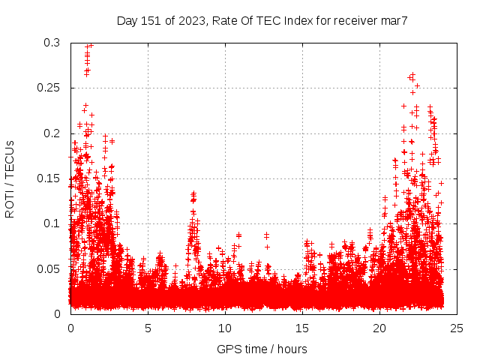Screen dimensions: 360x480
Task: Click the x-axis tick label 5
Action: pyautogui.click(x=148, y=328)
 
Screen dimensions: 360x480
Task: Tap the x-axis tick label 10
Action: pyautogui.click(x=225, y=328)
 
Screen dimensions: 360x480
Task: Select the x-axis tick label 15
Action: pyautogui.click(x=302, y=328)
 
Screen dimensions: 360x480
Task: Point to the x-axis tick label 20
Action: pyautogui.click(x=379, y=328)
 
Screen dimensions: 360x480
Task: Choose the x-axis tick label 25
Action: pyautogui.click(x=457, y=328)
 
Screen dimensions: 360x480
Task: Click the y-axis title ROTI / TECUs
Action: pyautogui.click(x=10, y=178)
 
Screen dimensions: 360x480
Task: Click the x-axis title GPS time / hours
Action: pyautogui.click(x=262, y=349)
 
